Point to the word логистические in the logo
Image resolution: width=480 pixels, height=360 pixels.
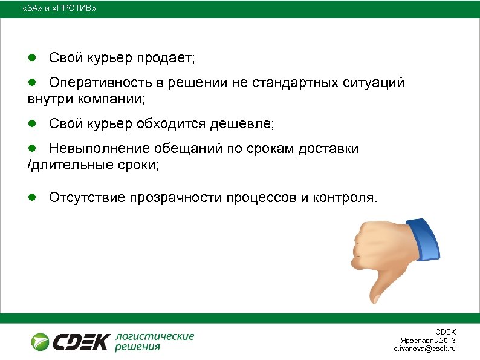pyautogui.click(x=155, y=336)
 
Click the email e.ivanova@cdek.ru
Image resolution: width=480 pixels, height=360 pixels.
pyautogui.click(x=424, y=349)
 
